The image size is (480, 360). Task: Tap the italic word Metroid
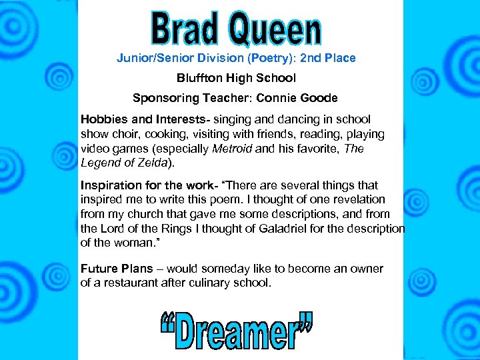click(x=232, y=149)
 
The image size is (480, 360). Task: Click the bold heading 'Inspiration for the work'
click(x=139, y=185)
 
